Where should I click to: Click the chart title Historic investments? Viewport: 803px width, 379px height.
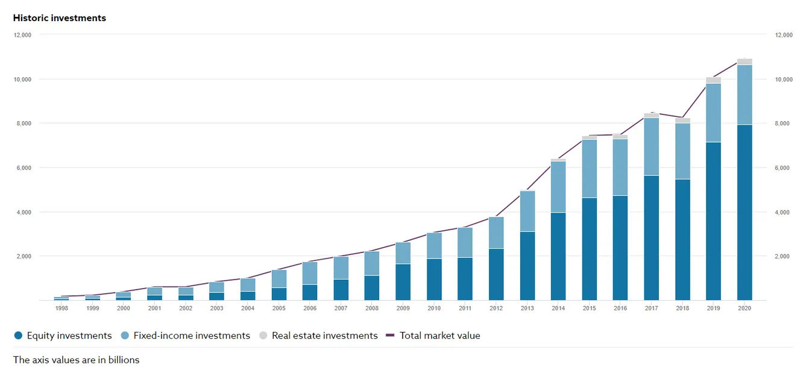click(x=59, y=18)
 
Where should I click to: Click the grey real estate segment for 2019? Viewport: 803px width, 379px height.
click(x=713, y=80)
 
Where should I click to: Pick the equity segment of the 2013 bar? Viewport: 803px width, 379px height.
click(x=527, y=266)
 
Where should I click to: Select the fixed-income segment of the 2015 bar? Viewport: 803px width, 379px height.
click(x=590, y=169)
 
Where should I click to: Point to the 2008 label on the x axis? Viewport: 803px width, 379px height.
click(x=371, y=308)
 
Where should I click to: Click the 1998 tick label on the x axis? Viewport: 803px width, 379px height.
click(x=61, y=308)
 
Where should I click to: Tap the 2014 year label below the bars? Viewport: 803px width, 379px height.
click(x=558, y=308)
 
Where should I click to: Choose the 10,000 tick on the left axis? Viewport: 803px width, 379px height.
click(x=22, y=79)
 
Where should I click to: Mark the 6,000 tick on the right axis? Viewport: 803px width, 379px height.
click(x=783, y=168)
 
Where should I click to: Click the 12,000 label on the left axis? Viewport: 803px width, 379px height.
click(x=22, y=35)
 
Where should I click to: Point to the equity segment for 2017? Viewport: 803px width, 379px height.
click(x=651, y=238)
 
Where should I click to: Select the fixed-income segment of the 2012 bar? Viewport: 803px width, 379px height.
click(x=496, y=233)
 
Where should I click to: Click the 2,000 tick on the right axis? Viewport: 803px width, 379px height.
click(x=783, y=256)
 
